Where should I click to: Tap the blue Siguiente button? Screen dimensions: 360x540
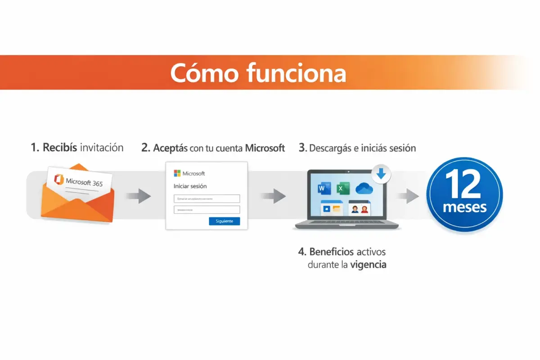[x=224, y=221]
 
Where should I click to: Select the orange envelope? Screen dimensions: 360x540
[x=76, y=202]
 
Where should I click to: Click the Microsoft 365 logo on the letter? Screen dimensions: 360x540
[x=59, y=179]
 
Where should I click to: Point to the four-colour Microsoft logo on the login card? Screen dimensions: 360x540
[x=177, y=173]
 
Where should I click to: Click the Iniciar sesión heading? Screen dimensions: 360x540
[x=190, y=186]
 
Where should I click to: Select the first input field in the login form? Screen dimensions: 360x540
[x=207, y=198]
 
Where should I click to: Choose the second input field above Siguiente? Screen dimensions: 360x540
[x=207, y=210]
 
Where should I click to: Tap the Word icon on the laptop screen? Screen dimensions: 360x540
[x=324, y=189]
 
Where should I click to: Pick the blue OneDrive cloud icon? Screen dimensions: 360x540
[x=365, y=189]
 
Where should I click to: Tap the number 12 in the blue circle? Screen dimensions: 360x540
[x=464, y=186]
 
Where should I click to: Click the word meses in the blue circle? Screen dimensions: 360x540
[x=464, y=207]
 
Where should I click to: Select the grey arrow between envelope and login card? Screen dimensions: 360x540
[x=138, y=196]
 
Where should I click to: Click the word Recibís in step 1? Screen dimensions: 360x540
[x=61, y=148]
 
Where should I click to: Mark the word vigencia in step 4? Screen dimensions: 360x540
[x=368, y=265]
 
